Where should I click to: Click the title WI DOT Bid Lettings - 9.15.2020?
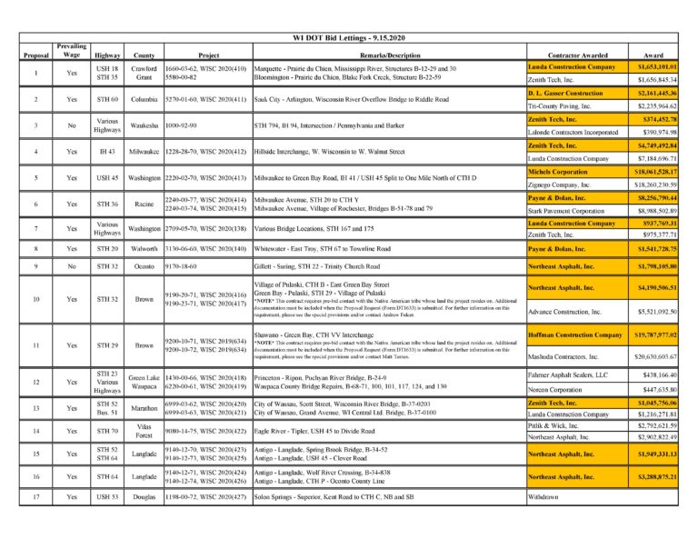349,38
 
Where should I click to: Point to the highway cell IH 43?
107,152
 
